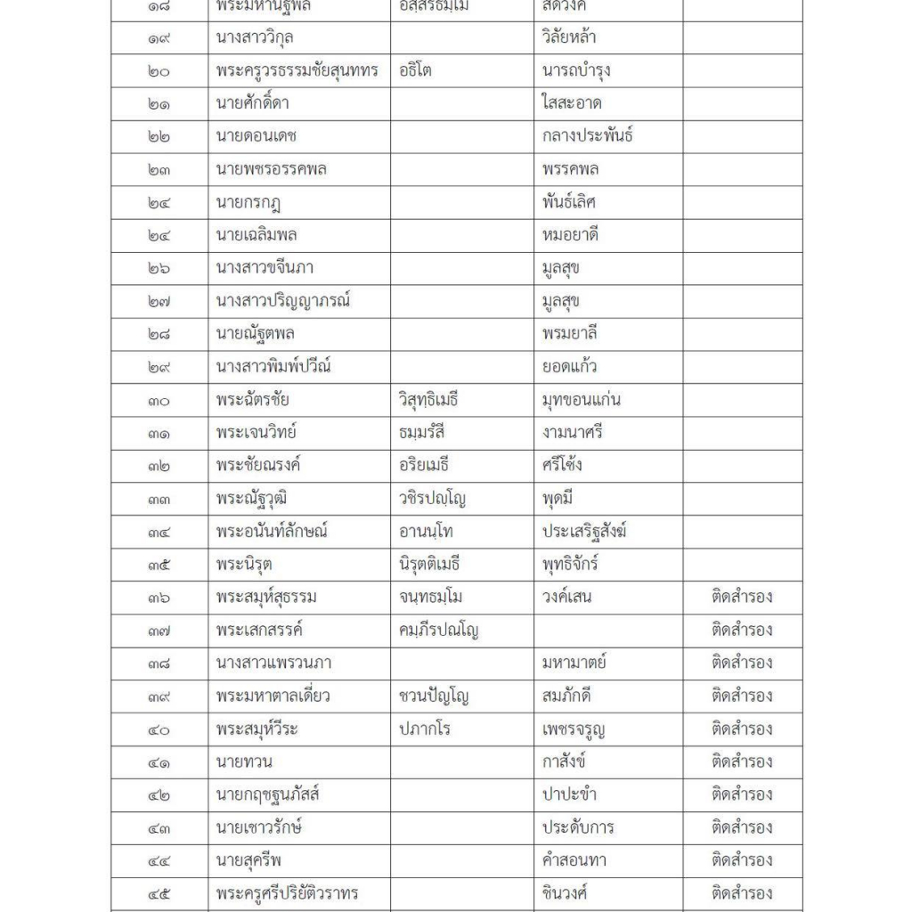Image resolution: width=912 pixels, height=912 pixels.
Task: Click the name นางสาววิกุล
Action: tap(256, 37)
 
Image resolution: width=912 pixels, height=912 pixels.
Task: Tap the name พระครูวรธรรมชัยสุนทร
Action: tap(297, 70)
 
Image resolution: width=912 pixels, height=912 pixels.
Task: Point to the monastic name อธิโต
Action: tap(416, 70)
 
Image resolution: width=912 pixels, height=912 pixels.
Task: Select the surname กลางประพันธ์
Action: tap(588, 136)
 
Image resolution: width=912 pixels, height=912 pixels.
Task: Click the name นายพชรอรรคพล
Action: tap(271, 169)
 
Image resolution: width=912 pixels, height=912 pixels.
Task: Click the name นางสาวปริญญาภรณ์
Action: tap(282, 301)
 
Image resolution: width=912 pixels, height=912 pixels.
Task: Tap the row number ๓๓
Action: tap(159, 499)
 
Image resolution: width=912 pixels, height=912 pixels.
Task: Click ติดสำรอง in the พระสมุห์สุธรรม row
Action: tap(742, 598)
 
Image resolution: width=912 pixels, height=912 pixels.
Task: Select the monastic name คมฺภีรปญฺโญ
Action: tap(440, 631)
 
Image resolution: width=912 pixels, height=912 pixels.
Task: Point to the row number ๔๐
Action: tap(159, 729)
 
